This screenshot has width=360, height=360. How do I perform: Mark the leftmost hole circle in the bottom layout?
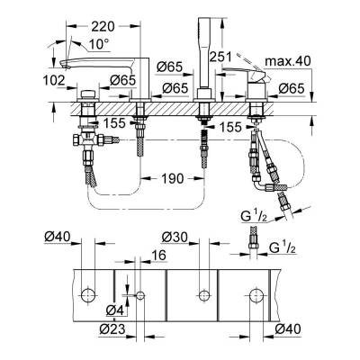click(87, 294)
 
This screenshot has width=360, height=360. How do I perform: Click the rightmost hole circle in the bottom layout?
click(256, 294)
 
